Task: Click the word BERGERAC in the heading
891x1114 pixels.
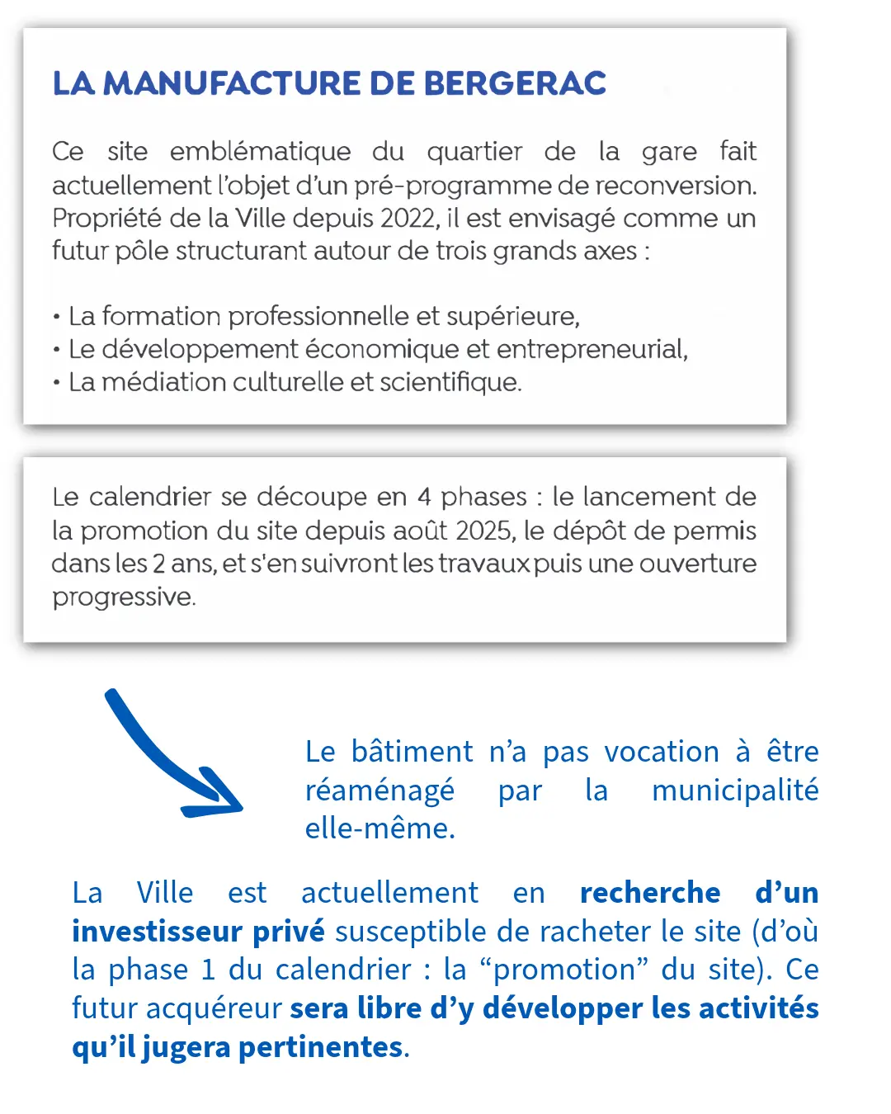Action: tap(515, 83)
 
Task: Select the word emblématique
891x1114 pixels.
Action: tap(260, 151)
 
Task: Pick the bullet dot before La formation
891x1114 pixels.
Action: tap(56, 317)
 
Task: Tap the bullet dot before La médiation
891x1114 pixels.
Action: tap(56, 383)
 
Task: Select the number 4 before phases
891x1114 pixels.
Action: tap(424, 497)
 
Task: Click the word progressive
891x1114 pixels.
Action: tap(124, 597)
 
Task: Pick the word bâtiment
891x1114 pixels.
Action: tap(412, 752)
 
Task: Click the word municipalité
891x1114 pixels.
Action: tap(735, 791)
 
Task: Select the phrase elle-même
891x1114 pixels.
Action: tap(379, 828)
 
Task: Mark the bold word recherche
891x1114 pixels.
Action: tap(650, 893)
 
